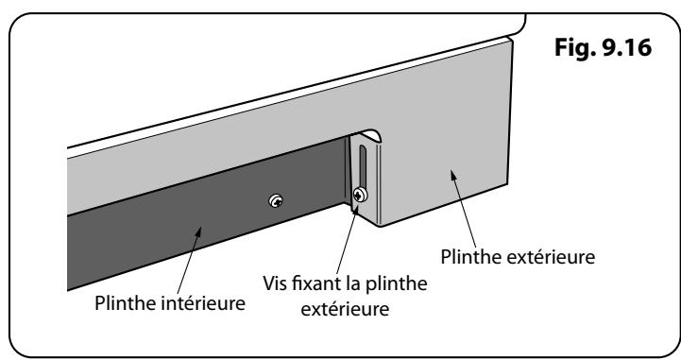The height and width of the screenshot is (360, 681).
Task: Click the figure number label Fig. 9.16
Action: click(x=603, y=48)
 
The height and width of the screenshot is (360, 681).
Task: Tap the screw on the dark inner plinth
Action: click(x=276, y=200)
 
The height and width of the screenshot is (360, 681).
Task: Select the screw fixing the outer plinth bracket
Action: click(x=360, y=195)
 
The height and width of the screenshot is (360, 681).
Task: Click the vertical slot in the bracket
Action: click(x=363, y=166)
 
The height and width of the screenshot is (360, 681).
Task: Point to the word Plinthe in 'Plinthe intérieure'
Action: click(x=125, y=302)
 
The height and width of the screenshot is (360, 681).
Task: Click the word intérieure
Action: click(x=203, y=302)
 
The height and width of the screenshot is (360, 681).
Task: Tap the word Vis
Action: click(x=276, y=283)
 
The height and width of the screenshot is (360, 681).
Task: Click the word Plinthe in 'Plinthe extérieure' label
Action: click(x=471, y=257)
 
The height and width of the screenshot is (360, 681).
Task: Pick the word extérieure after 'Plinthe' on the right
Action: click(x=551, y=257)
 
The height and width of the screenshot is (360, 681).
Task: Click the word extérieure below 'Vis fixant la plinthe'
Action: click(x=345, y=309)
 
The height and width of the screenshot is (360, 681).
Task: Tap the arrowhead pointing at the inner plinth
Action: click(x=197, y=232)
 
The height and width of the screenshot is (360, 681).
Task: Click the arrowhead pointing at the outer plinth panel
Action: click(x=453, y=176)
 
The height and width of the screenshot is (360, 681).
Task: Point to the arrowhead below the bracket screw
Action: click(x=356, y=211)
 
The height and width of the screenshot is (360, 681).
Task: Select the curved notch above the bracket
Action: click(x=371, y=134)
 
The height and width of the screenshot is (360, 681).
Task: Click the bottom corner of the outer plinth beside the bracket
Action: click(x=380, y=226)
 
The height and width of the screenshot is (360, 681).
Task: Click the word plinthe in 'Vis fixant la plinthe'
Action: click(x=397, y=283)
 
